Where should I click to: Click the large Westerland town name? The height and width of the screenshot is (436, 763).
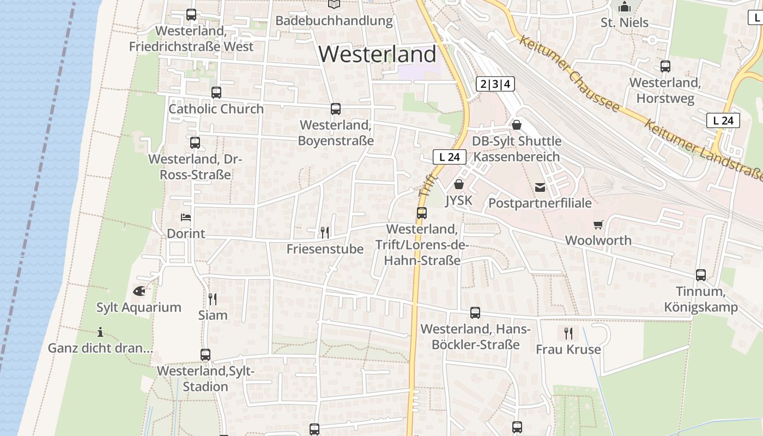[377, 55]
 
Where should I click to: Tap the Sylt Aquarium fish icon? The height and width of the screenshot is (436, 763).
[139, 291]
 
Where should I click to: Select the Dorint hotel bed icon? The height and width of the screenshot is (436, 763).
[186, 217]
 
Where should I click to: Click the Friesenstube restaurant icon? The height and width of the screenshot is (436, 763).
[325, 233]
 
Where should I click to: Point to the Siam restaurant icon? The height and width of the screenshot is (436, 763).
[213, 299]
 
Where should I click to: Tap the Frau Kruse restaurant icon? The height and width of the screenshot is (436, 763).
[568, 333]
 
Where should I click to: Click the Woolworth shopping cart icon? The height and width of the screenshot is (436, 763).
[598, 225]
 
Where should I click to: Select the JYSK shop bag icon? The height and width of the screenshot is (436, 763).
[459, 184]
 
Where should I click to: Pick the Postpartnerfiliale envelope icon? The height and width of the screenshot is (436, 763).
[540, 187]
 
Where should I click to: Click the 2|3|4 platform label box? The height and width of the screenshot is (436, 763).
[495, 84]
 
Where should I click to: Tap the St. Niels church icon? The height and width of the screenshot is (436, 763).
[625, 7]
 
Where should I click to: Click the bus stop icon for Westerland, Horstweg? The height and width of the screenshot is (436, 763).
[665, 66]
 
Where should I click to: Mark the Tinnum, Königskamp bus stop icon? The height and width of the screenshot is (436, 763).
[701, 275]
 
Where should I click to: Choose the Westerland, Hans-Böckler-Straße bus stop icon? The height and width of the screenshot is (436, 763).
[475, 313]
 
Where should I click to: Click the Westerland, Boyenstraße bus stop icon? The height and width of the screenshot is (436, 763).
[336, 109]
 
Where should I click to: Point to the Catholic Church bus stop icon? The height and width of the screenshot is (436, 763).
[216, 93]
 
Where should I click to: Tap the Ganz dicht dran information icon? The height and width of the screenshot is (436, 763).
[100, 332]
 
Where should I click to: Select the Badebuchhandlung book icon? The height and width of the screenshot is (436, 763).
[334, 4]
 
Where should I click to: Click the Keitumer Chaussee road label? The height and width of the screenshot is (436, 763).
[569, 73]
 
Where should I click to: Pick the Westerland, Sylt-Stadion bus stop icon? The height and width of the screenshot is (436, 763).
[205, 355]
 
